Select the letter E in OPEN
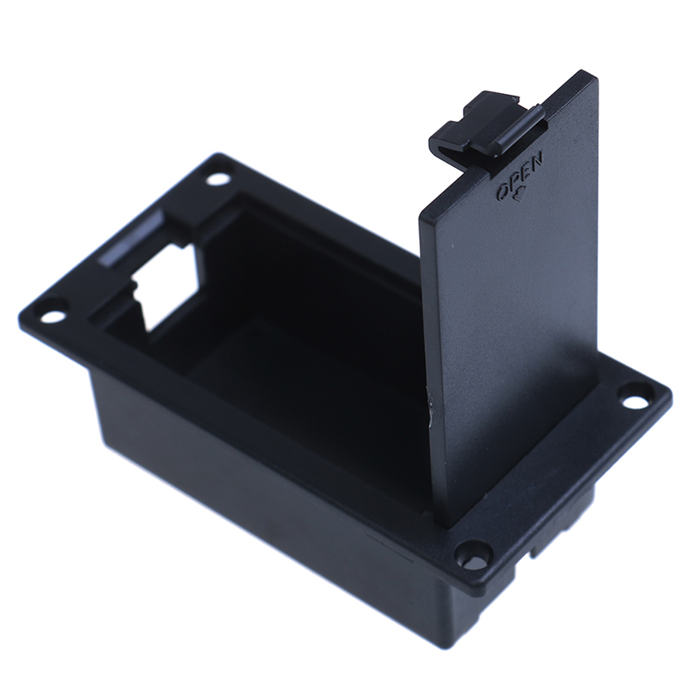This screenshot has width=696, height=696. [x=525, y=170]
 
